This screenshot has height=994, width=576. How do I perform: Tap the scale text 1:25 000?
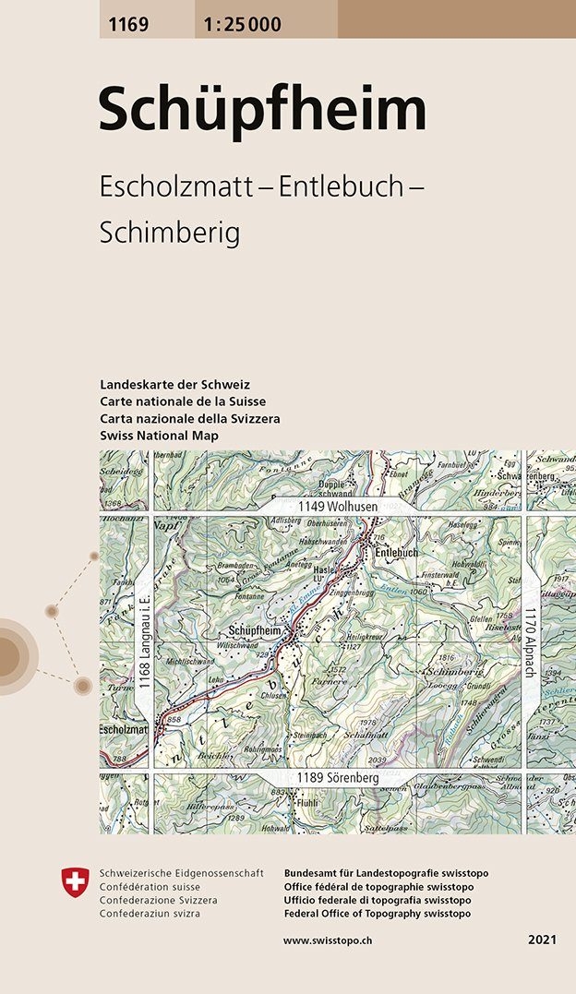pyautogui.click(x=238, y=25)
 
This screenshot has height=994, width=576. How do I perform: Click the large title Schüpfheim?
pyautogui.click(x=263, y=110)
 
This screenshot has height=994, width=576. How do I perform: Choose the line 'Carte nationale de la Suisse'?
pyautogui.click(x=182, y=401)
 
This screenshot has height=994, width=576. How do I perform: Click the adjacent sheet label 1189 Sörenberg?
pyautogui.click(x=338, y=779)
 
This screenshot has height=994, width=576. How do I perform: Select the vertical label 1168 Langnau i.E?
pyautogui.click(x=144, y=650)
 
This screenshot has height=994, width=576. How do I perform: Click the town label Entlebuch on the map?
pyautogui.click(x=396, y=552)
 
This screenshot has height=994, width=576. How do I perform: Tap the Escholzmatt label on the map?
pyautogui.click(x=123, y=730)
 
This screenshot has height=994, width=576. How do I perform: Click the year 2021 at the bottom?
pyautogui.click(x=542, y=940)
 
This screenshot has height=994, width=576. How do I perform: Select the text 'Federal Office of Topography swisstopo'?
pyautogui.click(x=378, y=913)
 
